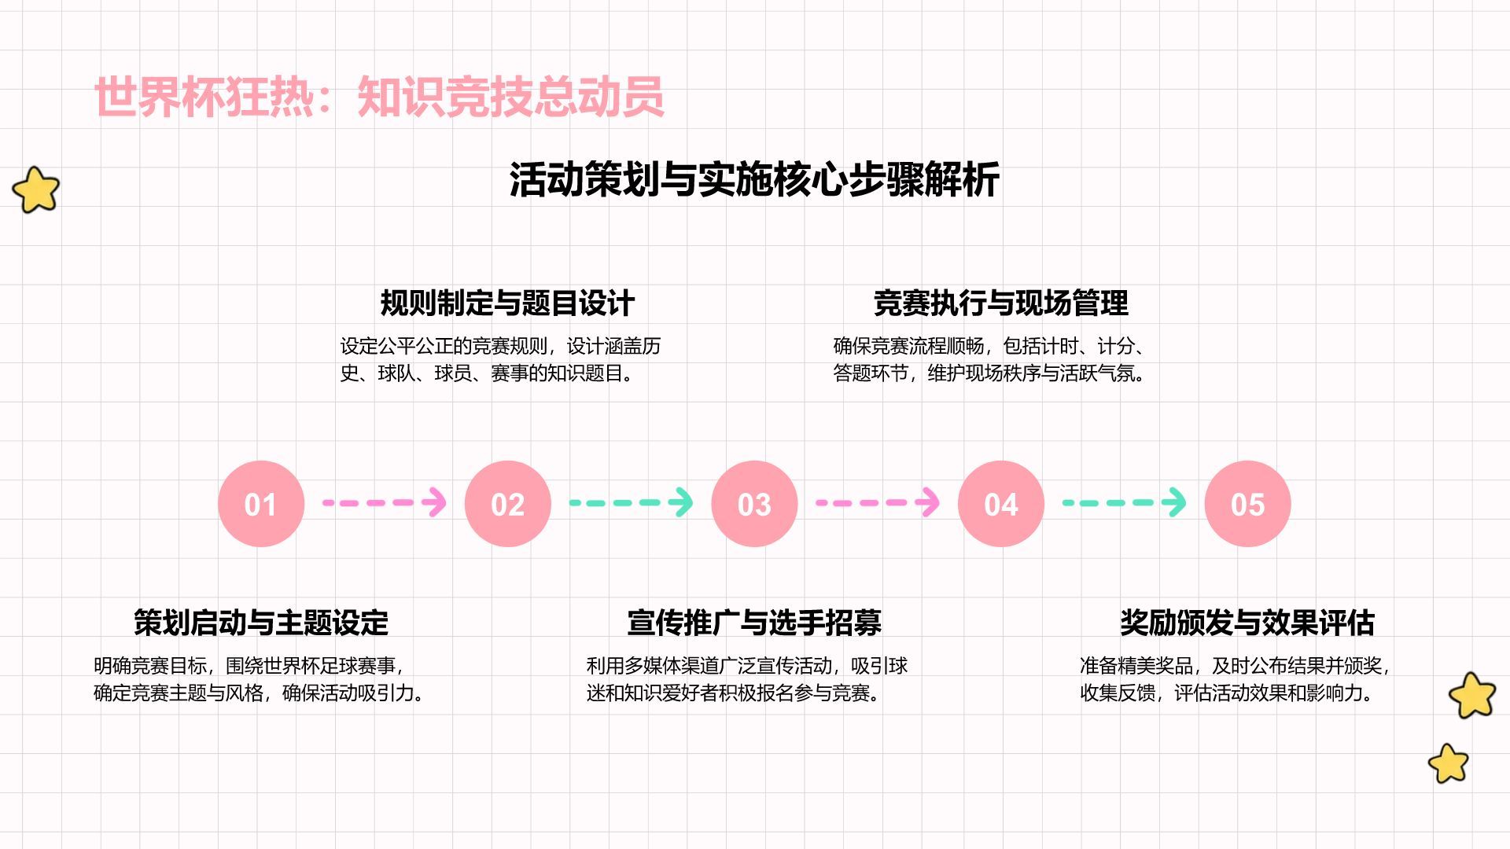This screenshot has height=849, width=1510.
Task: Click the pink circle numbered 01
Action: [261, 503]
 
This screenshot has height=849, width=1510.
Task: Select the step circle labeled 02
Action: [507, 503]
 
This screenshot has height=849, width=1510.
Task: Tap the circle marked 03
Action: [754, 503]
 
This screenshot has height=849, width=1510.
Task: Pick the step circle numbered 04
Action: [1000, 503]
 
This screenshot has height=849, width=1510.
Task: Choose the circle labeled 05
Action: [1247, 503]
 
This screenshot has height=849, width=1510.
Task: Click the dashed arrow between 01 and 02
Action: [385, 502]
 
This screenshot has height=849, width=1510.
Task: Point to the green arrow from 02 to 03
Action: [631, 502]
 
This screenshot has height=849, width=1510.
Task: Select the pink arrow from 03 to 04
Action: [878, 502]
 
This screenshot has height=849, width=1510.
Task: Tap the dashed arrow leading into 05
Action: [1124, 502]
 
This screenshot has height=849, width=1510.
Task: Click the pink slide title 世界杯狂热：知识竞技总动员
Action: [379, 97]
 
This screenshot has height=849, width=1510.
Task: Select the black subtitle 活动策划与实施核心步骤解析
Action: [754, 179]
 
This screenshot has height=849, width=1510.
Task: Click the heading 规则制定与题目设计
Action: [507, 303]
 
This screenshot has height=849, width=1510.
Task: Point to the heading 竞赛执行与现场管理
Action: [1000, 303]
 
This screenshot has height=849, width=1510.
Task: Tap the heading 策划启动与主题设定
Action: [261, 622]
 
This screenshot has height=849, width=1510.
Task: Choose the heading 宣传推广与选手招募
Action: [754, 622]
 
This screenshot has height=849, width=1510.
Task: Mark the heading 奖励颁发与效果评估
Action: [1247, 622]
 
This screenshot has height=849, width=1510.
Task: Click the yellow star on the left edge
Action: [36, 189]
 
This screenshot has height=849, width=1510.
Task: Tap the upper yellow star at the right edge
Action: [1472, 695]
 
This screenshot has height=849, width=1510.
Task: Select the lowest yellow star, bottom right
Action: [1449, 763]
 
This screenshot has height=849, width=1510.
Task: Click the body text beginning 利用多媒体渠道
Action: [747, 679]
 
